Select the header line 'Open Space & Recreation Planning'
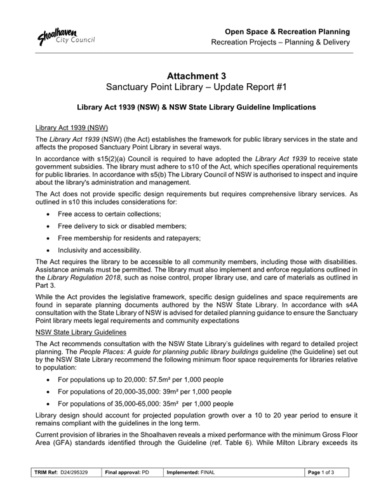click(x=288, y=31)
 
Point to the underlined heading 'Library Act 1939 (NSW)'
click(x=74, y=127)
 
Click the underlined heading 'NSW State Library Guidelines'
click(x=81, y=332)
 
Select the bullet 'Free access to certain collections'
click(x=109, y=214)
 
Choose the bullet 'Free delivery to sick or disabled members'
click(x=121, y=226)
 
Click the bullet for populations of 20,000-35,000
click(x=144, y=391)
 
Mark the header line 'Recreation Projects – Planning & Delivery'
click(x=281, y=43)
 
